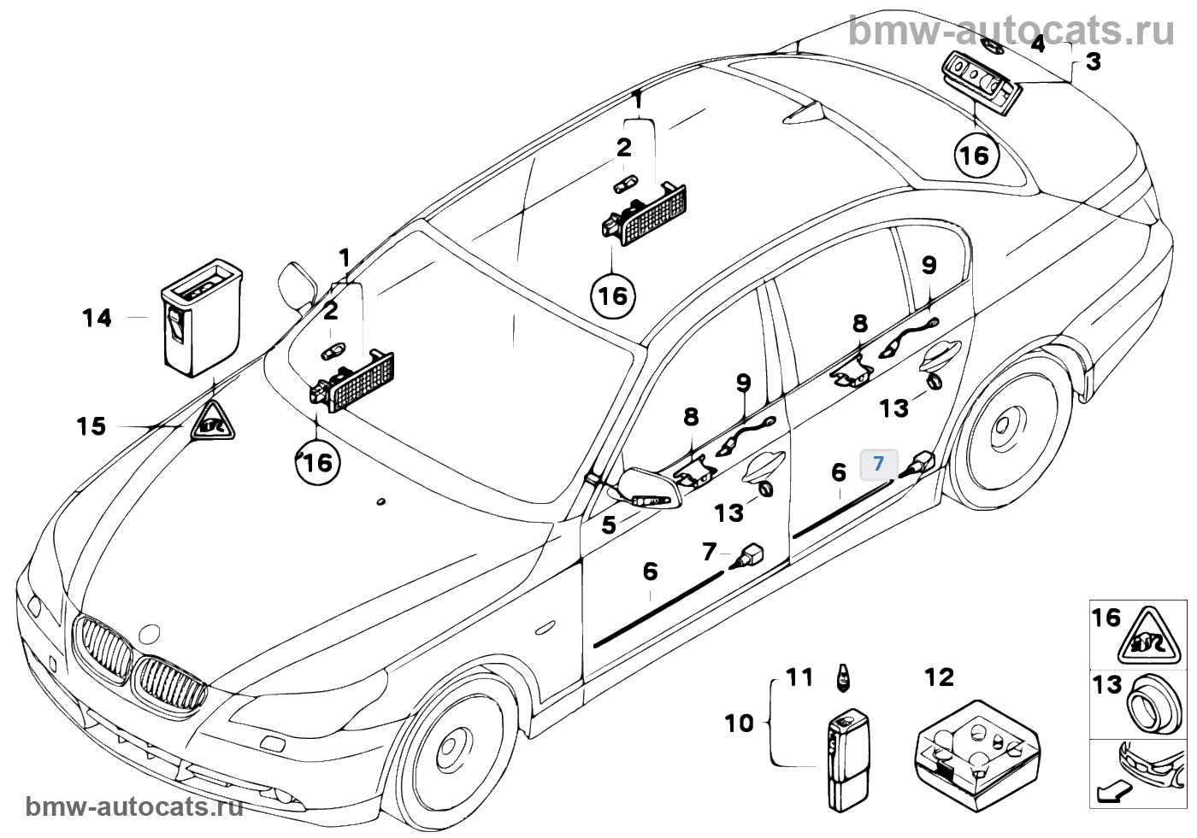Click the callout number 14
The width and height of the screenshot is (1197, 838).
[97, 318]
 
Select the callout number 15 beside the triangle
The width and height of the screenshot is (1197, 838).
[91, 425]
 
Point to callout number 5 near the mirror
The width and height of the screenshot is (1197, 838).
[608, 524]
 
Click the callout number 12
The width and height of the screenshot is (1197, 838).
[940, 677]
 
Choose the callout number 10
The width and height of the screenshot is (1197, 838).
[740, 723]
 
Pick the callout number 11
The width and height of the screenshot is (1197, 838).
[799, 677]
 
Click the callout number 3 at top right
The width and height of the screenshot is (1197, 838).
[1094, 62]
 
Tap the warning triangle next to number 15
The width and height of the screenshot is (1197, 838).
[212, 421]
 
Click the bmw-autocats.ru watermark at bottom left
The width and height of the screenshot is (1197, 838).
[135, 808]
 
